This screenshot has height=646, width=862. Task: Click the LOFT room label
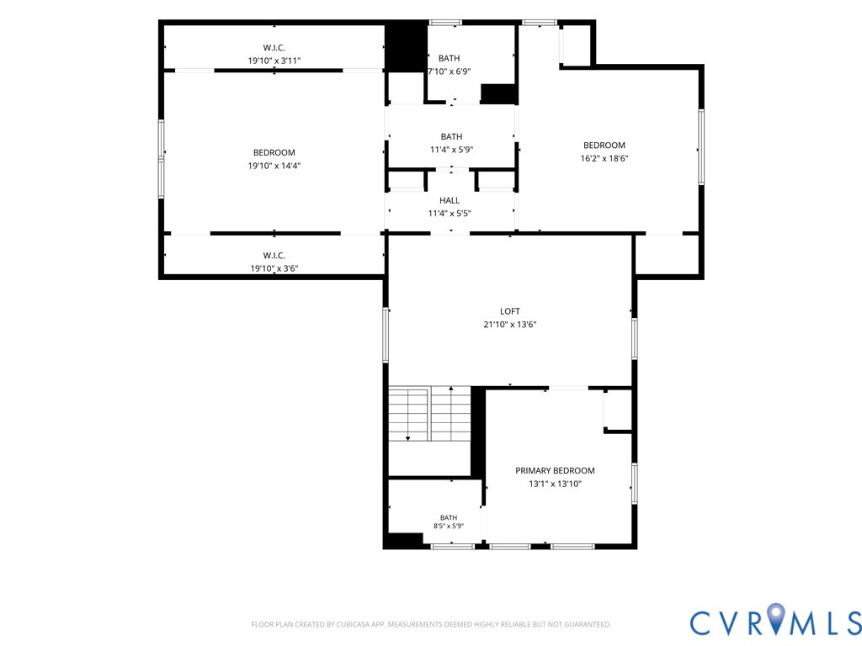(509, 311)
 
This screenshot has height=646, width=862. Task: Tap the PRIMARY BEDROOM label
(555, 471)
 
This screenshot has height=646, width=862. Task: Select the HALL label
(450, 200)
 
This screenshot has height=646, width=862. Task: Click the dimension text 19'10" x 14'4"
(274, 166)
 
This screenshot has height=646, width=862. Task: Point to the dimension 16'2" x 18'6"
(604, 158)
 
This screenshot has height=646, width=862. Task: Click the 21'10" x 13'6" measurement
(509, 324)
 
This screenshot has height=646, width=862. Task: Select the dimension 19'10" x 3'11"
(274, 61)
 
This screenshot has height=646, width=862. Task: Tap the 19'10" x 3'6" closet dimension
(274, 268)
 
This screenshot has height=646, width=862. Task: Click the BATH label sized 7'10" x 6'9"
(450, 58)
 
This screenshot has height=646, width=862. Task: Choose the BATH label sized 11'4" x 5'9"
(451, 137)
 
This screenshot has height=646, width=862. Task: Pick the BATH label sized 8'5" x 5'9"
(449, 517)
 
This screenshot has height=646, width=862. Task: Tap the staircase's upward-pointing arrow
(451, 412)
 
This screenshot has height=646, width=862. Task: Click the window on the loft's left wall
(386, 335)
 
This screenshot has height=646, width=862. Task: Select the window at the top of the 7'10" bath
(445, 23)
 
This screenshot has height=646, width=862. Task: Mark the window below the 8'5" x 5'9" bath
(452, 547)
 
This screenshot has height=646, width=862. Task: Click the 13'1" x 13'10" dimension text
(556, 484)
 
